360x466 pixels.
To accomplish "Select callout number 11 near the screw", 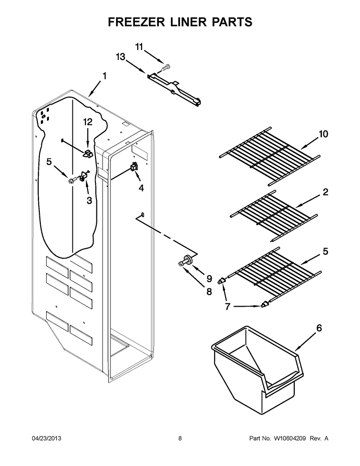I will point(140,47).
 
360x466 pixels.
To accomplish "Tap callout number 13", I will point(120,57).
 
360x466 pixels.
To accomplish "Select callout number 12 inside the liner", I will point(87,123).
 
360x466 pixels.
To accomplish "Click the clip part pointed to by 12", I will point(87,154).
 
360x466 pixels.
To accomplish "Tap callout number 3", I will point(89,201).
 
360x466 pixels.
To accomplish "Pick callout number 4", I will point(141,188).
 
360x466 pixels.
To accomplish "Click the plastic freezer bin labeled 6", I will point(257,372).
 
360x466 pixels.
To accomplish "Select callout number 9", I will point(209,278).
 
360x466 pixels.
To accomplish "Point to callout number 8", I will point(208,291).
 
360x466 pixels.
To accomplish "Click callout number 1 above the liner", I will point(104,76).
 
